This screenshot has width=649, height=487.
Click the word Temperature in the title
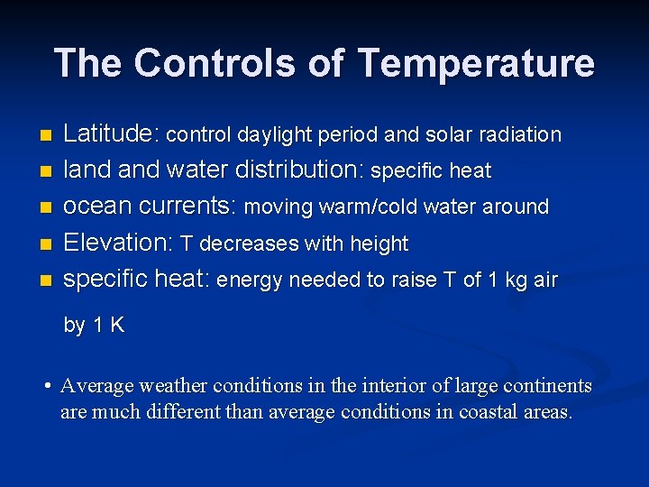pos(476,64)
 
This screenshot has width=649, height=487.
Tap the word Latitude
pos(111,134)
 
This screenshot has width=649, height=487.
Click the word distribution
pos(300,170)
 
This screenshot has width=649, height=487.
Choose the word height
pos(380,243)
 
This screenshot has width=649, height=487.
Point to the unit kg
pos(516,280)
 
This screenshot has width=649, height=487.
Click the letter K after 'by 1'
pos(116,326)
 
